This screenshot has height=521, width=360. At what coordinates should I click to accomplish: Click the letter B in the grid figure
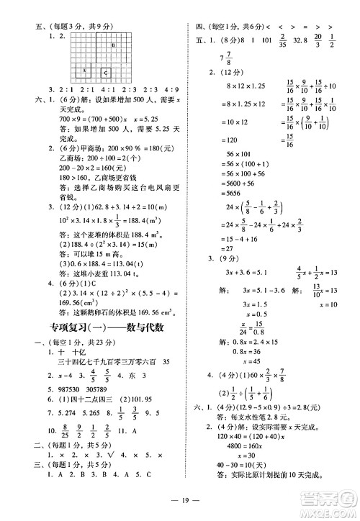coord(113,45)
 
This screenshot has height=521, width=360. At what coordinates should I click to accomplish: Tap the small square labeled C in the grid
coord(106,72)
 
